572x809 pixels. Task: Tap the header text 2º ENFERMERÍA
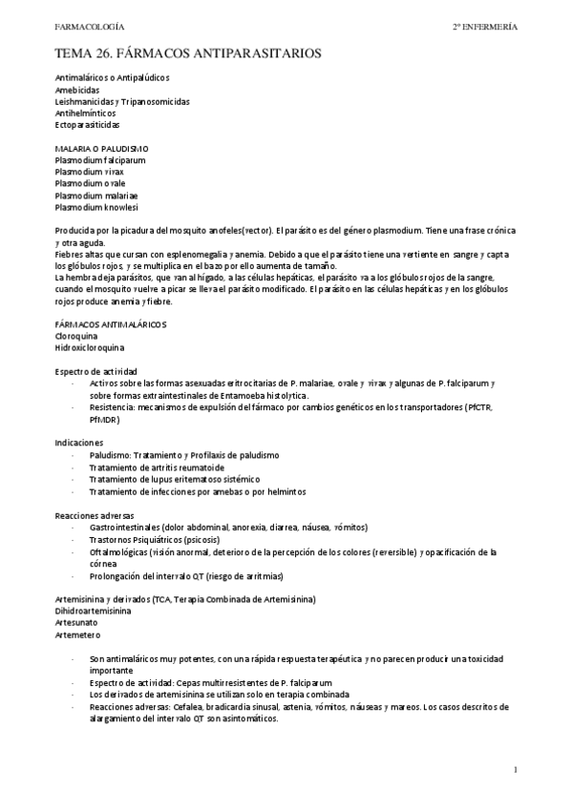[485, 27]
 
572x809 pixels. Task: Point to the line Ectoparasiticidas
[88, 125]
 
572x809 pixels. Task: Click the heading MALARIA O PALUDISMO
[101, 149]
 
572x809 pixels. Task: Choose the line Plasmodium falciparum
[100, 160]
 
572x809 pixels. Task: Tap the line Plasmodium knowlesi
[96, 207]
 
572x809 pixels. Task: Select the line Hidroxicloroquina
[90, 348]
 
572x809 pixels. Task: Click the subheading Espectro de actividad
[96, 370]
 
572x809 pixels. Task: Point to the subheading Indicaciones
[79, 443]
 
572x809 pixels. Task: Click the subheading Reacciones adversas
[95, 514]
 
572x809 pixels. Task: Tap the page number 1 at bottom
[515, 769]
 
